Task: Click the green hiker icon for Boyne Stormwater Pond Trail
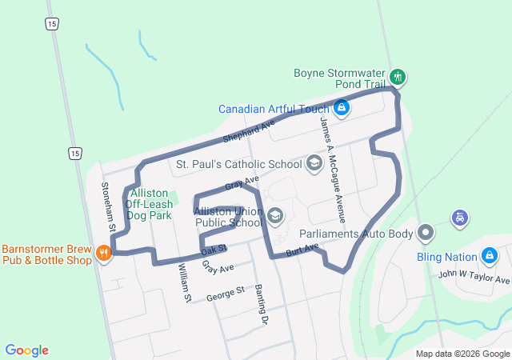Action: (398, 78)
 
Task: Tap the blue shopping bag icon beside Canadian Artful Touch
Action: (342, 108)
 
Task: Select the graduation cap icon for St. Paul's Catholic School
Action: (314, 164)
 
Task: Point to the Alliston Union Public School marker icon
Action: (275, 215)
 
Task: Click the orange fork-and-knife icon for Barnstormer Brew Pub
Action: (103, 254)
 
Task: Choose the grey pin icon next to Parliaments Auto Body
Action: (426, 234)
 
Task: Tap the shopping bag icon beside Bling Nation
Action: (490, 257)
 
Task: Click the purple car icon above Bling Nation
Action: (459, 217)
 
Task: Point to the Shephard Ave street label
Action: (249, 130)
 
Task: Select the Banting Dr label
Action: (260, 304)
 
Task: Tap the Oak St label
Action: (214, 250)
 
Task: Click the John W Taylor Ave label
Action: (474, 277)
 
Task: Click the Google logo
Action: (27, 350)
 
